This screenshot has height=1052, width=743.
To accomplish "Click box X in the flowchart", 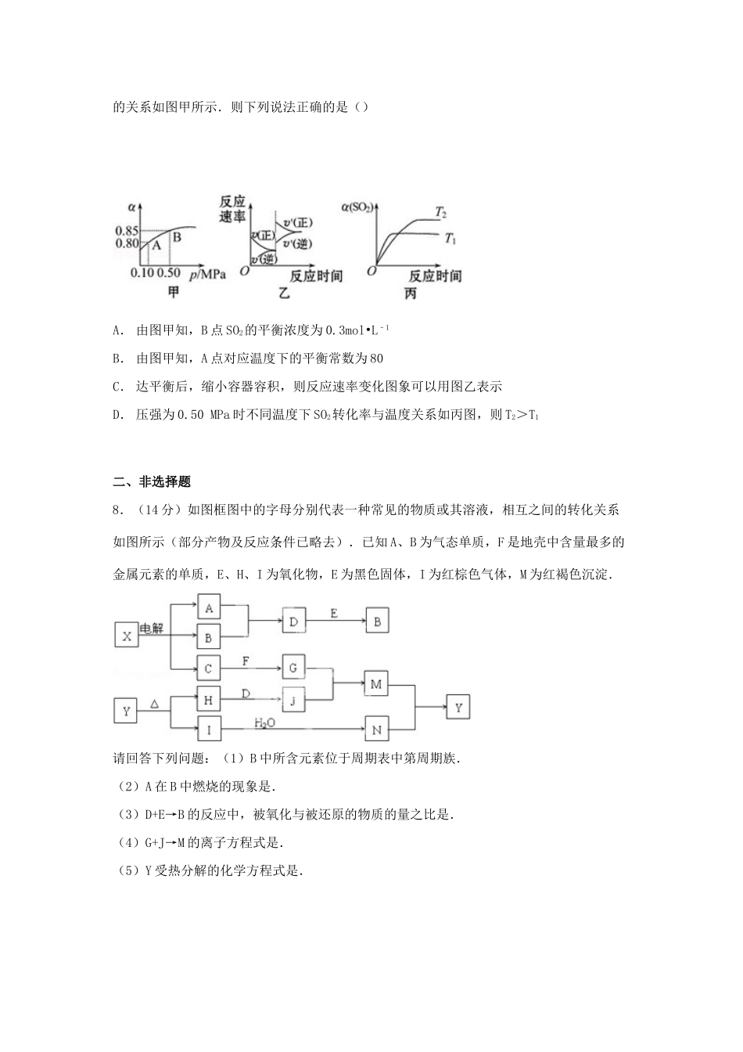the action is pyautogui.click(x=126, y=636).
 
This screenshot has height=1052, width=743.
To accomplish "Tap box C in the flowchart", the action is pyautogui.click(x=208, y=668).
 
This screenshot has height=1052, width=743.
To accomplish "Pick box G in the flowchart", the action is pyautogui.click(x=293, y=668).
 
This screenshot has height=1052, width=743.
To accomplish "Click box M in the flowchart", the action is pyautogui.click(x=376, y=684).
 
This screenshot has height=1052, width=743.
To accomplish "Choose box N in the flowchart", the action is pyautogui.click(x=376, y=730).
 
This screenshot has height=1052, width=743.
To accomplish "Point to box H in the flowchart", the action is pyautogui.click(x=208, y=699).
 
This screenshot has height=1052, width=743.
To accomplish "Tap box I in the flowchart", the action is pyautogui.click(x=208, y=730).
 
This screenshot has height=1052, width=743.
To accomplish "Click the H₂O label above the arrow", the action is pyautogui.click(x=264, y=722).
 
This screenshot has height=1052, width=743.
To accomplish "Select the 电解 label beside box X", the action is pyautogui.click(x=152, y=629).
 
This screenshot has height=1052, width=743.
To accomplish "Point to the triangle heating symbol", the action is pyautogui.click(x=155, y=704).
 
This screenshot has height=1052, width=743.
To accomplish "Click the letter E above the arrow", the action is pyautogui.click(x=334, y=614).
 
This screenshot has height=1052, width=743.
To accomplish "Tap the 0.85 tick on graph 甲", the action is pyautogui.click(x=127, y=231).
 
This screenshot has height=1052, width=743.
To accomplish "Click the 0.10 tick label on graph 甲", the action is pyautogui.click(x=142, y=274).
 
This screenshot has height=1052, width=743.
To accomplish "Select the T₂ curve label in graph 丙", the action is pyautogui.click(x=440, y=213).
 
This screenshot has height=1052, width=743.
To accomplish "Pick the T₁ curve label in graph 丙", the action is pyautogui.click(x=450, y=238).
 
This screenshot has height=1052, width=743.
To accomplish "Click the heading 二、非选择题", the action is pyautogui.click(x=153, y=481).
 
